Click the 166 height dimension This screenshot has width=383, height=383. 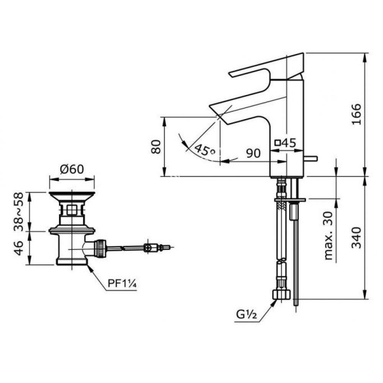pos(356,114)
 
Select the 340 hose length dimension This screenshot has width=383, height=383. pos(356,237)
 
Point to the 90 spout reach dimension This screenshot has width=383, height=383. pos(253,153)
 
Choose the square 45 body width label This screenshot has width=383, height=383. pos(286,143)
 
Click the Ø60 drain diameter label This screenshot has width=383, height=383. pos(72,169)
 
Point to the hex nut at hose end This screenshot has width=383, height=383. pos(282,295)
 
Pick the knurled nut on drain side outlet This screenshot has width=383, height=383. pos(100,248)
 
